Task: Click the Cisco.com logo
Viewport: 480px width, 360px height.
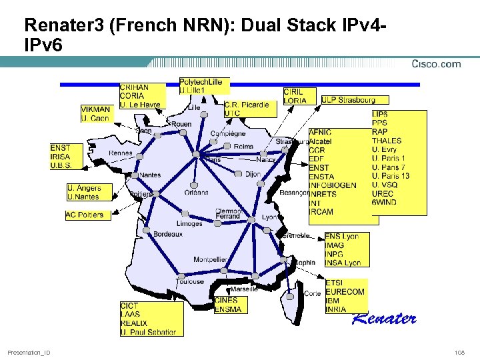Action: tap(437, 64)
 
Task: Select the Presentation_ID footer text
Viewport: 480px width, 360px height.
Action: tap(29, 351)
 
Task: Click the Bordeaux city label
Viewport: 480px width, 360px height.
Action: tap(168, 234)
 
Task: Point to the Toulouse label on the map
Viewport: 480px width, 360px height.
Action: tap(190, 281)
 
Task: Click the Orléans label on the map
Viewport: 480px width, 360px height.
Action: tap(197, 192)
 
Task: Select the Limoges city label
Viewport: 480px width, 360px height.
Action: tap(190, 223)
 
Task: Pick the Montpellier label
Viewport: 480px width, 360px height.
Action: tap(211, 259)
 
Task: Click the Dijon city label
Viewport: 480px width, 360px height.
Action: tap(253, 174)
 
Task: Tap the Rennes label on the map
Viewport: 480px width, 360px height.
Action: tap(120, 153)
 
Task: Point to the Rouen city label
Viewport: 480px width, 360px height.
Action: tap(181, 124)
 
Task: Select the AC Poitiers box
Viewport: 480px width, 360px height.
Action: tap(85, 215)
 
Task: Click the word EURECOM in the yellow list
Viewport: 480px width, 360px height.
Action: tap(345, 292)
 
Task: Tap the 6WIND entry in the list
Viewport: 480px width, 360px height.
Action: tap(384, 202)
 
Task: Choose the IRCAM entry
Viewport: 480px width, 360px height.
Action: tap(321, 211)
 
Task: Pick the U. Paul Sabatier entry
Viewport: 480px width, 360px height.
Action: tap(148, 331)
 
